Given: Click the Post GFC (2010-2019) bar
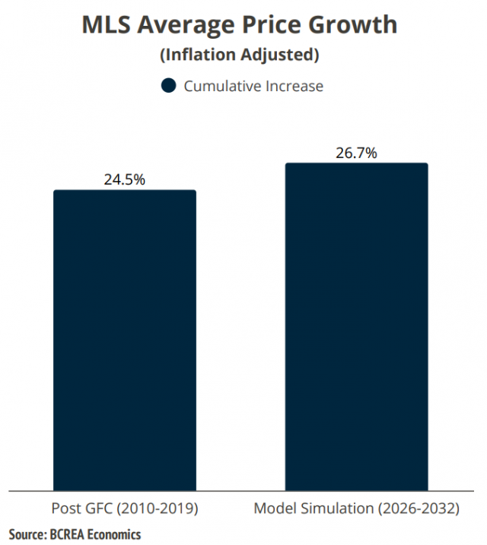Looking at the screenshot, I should (x=124, y=340).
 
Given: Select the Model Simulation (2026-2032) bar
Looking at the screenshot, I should (x=356, y=327).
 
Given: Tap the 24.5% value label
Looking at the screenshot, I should (x=124, y=180).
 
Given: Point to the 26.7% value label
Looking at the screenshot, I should (x=356, y=153).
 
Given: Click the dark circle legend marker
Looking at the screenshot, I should (x=169, y=86).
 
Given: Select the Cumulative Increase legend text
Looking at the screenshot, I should (x=253, y=86).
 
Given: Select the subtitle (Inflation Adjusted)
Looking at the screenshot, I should (x=239, y=55).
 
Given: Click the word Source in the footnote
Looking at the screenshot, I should (x=27, y=534).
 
